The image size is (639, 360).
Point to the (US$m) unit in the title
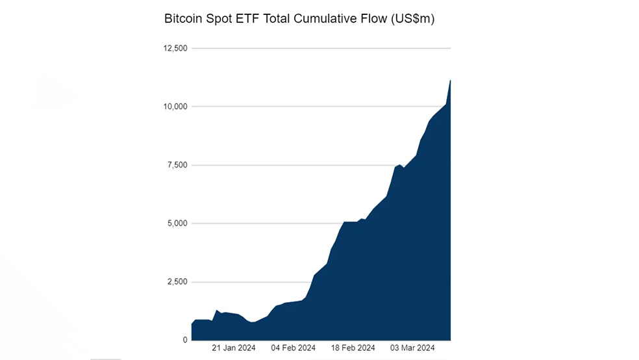(412, 19)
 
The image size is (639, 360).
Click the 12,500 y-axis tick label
(175, 48)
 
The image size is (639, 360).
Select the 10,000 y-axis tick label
(175, 107)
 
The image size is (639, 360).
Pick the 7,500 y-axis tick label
(177, 165)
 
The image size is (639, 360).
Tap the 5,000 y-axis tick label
(177, 224)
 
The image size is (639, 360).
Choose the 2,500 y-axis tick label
(177, 282)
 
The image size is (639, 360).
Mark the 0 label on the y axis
(185, 340)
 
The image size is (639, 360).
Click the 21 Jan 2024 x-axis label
(234, 348)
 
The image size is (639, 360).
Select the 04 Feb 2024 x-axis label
(293, 348)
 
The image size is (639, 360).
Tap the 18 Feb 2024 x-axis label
(353, 348)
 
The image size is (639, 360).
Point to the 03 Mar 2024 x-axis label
(412, 348)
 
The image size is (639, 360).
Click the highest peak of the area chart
(450, 81)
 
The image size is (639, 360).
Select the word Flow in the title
(373, 19)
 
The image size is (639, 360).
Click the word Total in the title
(276, 19)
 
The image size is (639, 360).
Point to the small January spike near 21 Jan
(217, 310)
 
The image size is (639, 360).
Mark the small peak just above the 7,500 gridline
(400, 165)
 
